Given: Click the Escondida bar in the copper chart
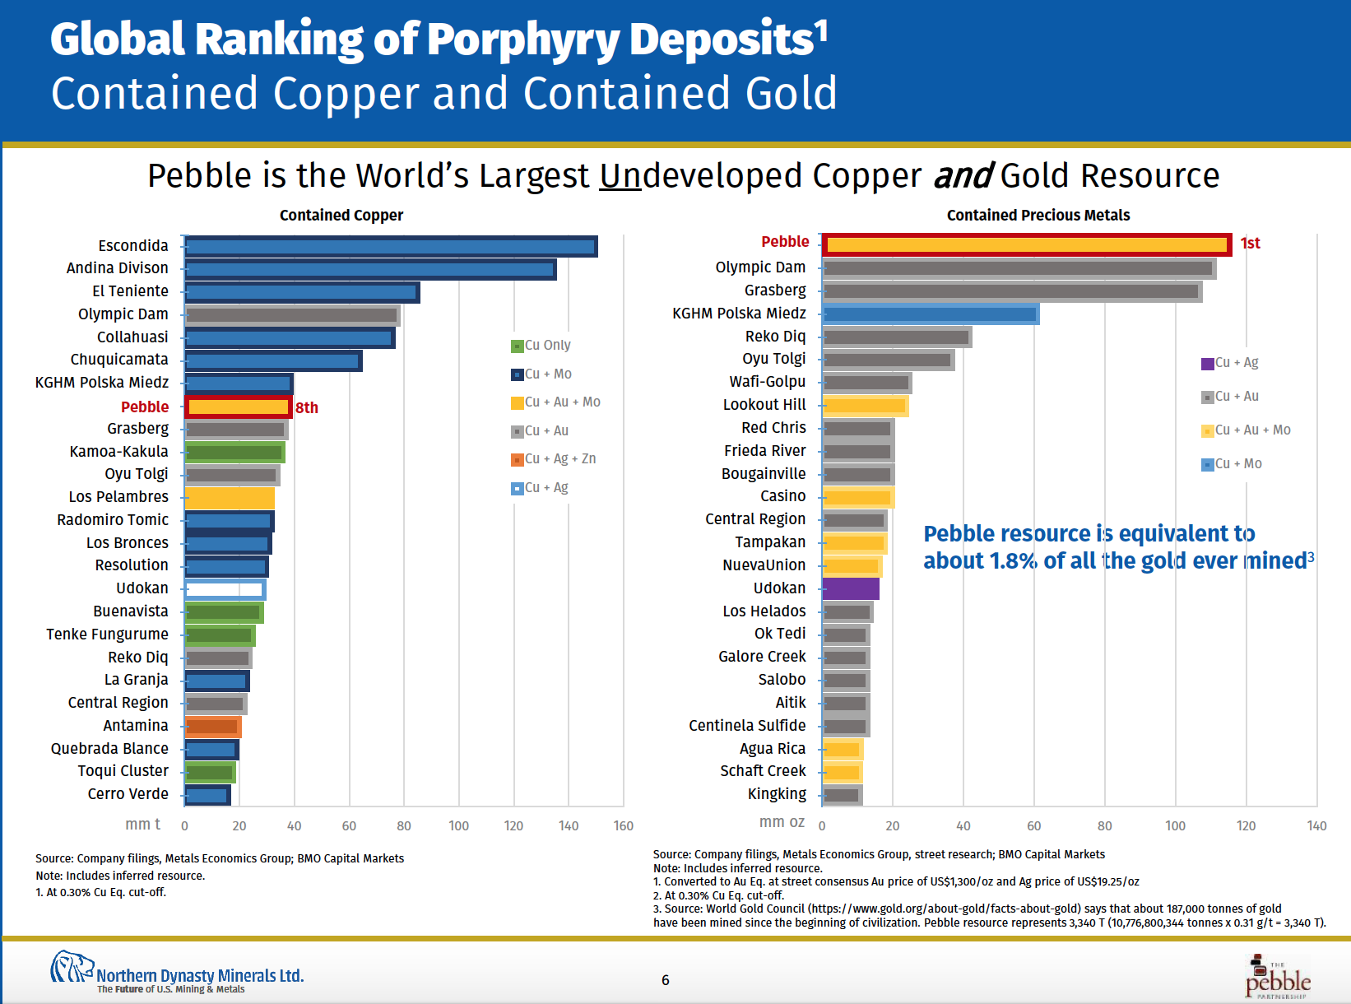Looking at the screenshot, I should tap(391, 246).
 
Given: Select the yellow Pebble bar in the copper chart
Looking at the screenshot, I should tap(239, 407).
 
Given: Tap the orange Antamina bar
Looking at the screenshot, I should tap(212, 726).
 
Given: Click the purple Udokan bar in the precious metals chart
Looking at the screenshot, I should tap(851, 588).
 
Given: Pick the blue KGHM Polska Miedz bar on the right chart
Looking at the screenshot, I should tap(930, 314).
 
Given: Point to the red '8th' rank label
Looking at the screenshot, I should tap(307, 407).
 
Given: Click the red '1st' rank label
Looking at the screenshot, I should tap(1250, 243).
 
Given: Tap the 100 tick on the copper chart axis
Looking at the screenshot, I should tap(458, 825).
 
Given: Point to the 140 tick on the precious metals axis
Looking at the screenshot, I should tap(1316, 825).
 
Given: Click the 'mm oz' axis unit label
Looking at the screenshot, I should tap(782, 822).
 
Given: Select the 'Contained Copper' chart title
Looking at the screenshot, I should tap(341, 215).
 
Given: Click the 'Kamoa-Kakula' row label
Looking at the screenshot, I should tap(118, 452).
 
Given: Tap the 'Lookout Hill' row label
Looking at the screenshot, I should tap(764, 405).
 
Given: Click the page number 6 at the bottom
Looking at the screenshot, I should tap(665, 980).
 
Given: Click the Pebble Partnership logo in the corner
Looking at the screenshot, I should tap(1277, 977).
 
